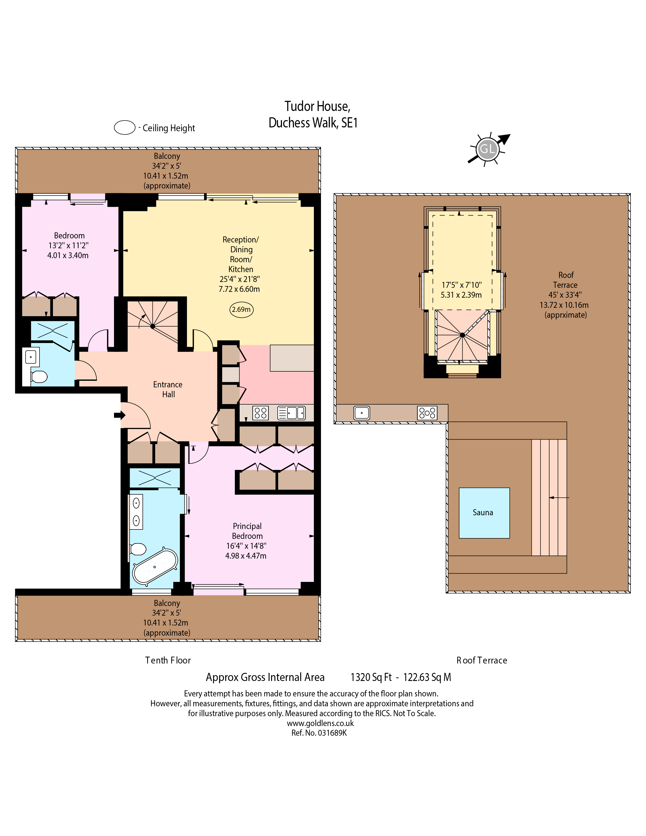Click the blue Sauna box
pos(484,513)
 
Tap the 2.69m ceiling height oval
pos(241,309)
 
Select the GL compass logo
pos(488,149)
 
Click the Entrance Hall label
pos(168,389)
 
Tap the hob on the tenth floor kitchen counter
pos(261,413)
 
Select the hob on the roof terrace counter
pos(427,413)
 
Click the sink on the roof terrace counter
pos(362,413)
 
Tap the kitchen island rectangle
pos(292,358)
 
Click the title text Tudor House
pos(317,106)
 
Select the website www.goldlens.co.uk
pos(320,723)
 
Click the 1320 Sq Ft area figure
pos(371,677)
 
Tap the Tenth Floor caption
pos(168,660)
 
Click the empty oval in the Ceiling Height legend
pos(125,127)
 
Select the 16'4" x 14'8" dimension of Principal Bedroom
pos(246,546)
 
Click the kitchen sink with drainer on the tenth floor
pos(291,413)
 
